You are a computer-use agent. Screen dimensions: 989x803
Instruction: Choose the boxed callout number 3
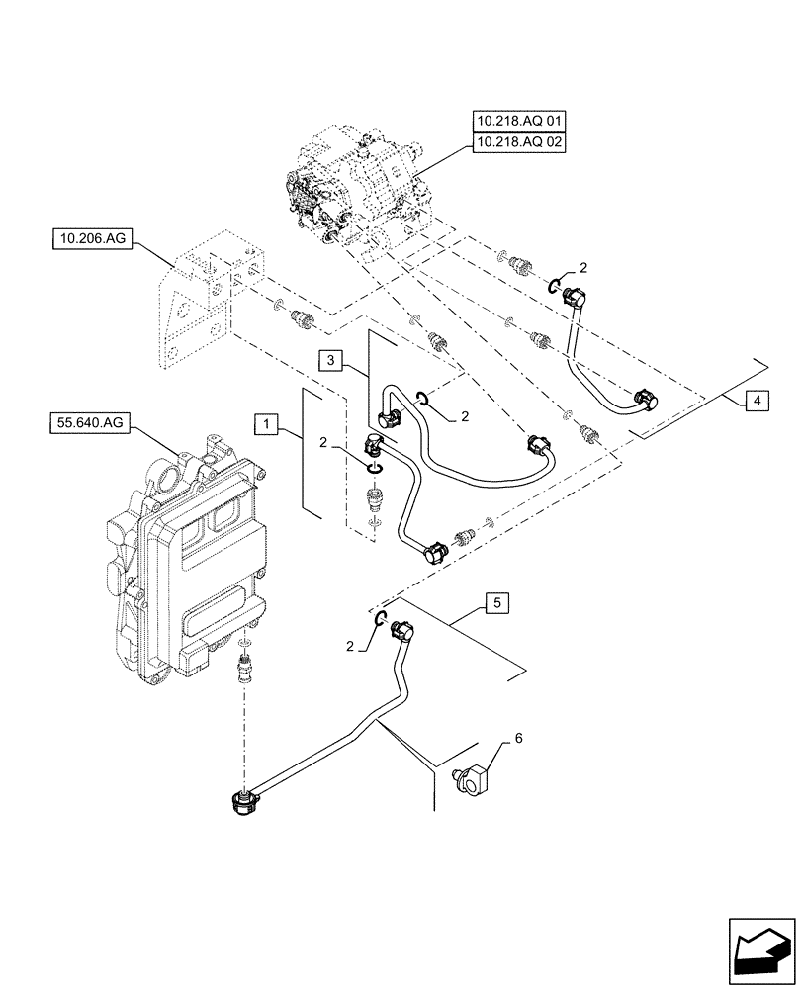(x=331, y=360)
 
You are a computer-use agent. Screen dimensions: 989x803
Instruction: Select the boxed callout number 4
(x=756, y=401)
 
